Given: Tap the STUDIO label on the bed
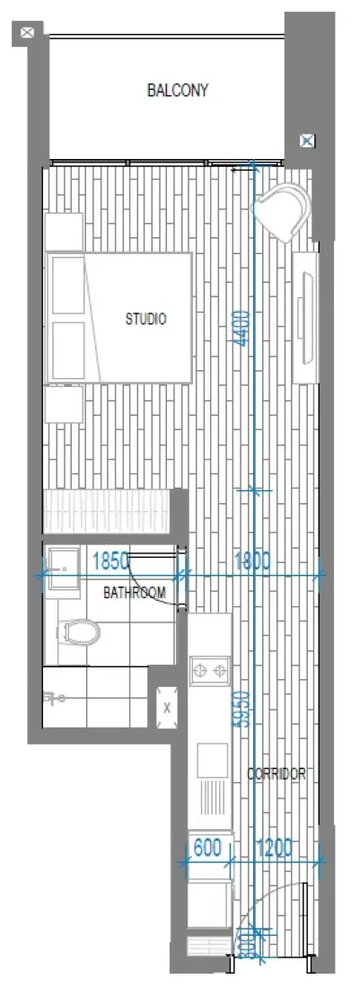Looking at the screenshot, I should point(145,319).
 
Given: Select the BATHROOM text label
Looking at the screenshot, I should point(135,593).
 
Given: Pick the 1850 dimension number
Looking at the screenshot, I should point(110,561).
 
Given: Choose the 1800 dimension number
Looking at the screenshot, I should point(252,561).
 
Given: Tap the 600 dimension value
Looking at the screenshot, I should point(206,846).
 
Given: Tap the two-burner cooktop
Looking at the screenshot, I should point(210,669).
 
